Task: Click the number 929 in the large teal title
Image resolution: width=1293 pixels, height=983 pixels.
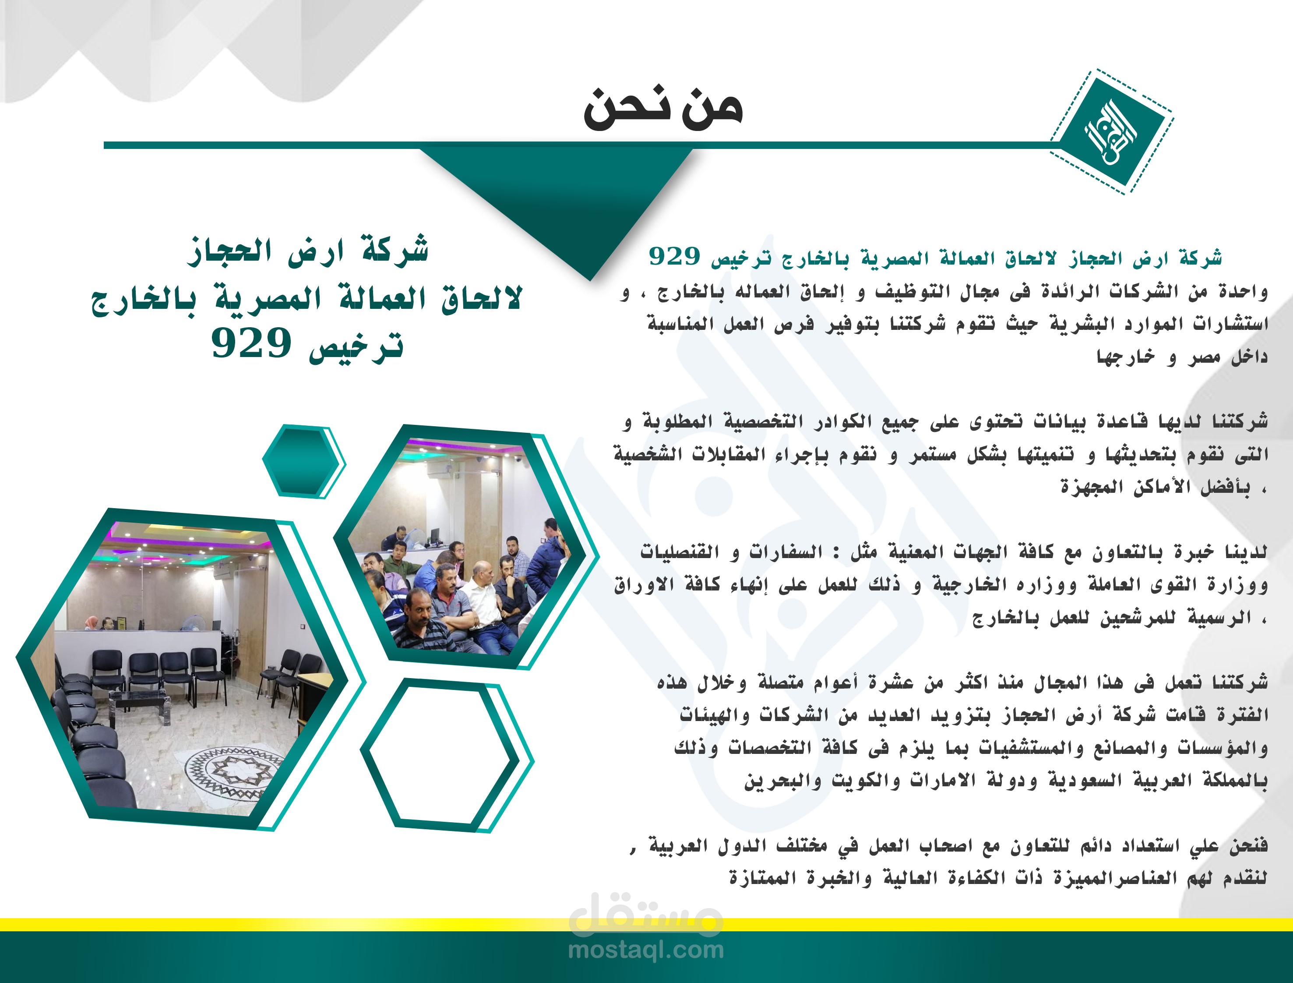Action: point(251,343)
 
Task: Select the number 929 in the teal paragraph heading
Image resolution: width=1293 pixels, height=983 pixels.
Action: point(674,256)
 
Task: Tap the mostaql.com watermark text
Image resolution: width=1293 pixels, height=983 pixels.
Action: point(645,949)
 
